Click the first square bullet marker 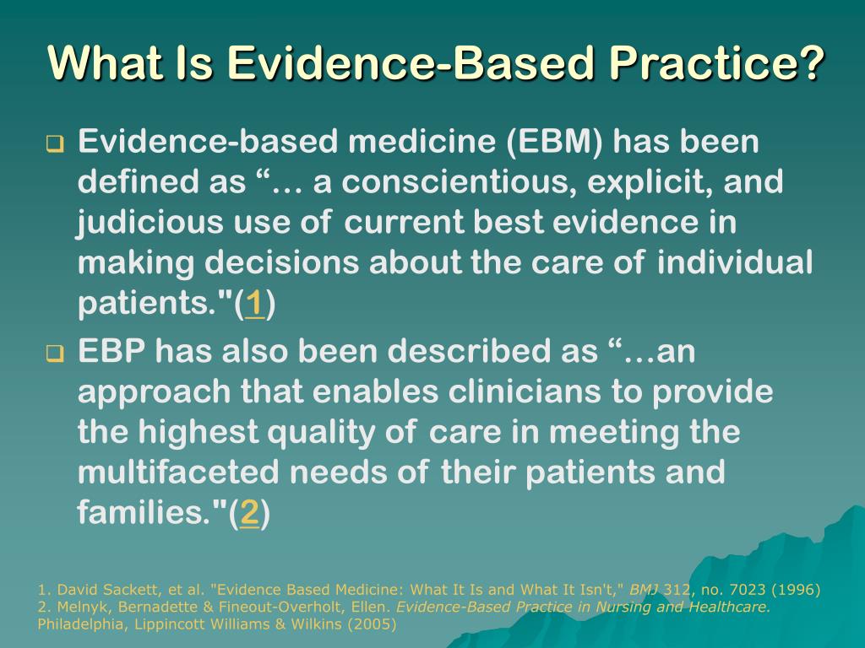55,144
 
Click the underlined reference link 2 249,513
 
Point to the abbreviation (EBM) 555,142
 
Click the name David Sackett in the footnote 93,590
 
